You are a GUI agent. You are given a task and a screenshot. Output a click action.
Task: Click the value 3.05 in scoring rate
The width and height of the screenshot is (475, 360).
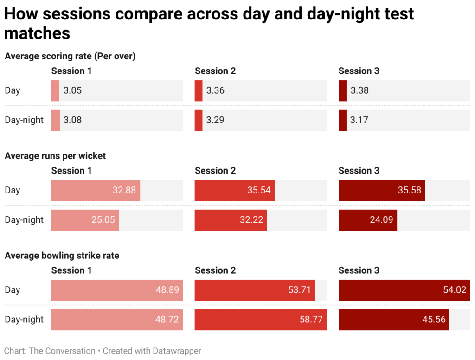coord(72,90)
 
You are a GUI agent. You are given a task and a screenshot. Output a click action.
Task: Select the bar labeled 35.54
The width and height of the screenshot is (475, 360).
coord(235,190)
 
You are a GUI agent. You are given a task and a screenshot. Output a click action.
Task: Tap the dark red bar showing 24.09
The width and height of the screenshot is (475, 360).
coord(367,220)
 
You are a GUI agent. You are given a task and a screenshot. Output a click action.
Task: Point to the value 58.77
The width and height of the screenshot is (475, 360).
coord(311,320)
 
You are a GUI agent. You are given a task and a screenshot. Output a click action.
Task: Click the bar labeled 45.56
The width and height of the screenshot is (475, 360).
coord(393,320)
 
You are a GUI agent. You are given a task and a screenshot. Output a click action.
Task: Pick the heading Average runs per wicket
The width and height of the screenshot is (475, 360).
coord(55,156)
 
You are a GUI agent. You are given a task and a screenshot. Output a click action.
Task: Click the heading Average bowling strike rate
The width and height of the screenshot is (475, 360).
coord(62,256)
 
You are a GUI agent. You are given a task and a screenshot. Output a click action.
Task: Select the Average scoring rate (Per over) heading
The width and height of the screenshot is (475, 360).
coord(70,56)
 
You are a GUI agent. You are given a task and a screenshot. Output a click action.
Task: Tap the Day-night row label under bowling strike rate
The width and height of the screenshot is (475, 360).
coord(24,320)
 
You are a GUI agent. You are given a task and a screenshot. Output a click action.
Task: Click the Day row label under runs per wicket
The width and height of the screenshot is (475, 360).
coord(13,190)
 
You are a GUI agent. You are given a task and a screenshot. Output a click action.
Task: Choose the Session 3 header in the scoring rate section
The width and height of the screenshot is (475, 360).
coord(359,71)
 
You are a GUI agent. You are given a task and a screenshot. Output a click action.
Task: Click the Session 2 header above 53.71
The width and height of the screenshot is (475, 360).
coord(215,270)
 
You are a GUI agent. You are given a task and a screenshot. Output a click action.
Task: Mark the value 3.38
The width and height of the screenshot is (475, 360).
coord(359,90)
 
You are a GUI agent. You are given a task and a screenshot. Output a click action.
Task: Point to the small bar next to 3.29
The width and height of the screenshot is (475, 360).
coord(199,120)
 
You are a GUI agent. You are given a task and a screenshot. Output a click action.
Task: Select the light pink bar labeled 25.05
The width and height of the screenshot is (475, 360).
coord(85,220)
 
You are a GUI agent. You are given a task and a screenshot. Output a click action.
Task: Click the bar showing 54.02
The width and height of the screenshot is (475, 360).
coord(404,290)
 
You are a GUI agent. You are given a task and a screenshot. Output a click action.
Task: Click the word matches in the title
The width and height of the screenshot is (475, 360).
coord(37,32)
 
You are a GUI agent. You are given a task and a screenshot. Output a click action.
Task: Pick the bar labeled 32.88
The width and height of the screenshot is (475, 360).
coord(96,190)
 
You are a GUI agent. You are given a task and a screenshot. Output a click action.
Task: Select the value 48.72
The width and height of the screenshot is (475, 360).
coord(167,320)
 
